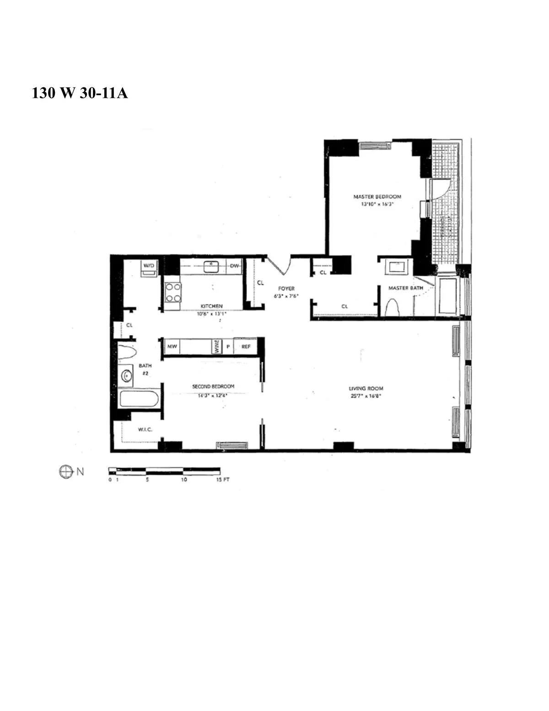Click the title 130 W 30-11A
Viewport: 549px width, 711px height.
click(80, 93)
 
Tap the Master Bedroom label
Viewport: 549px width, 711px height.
click(377, 197)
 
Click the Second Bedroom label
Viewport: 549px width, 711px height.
click(213, 386)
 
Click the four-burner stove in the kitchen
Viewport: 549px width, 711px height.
click(173, 293)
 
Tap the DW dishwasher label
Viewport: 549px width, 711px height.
click(235, 266)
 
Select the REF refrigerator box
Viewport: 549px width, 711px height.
click(246, 347)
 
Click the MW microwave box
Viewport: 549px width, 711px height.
click(172, 347)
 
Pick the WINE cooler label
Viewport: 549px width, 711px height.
click(217, 346)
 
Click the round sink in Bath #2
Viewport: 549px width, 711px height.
click(126, 376)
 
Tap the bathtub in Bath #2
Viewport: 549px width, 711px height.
click(139, 399)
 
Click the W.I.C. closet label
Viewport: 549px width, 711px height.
click(145, 429)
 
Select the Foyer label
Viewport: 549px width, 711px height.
click(286, 289)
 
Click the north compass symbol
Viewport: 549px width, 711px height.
click(66, 472)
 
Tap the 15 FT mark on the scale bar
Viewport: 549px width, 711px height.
click(222, 480)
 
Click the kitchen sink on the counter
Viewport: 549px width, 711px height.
click(211, 266)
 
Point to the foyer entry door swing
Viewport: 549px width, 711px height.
click(280, 267)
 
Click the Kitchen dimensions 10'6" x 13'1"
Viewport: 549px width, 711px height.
click(211, 314)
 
